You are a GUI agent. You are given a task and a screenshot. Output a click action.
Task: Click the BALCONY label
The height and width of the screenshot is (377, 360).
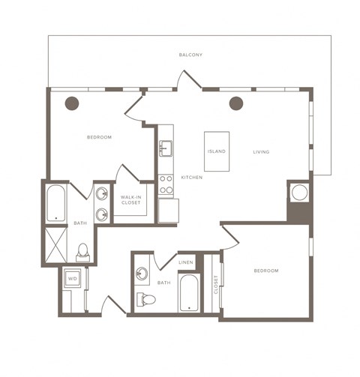click(x=190, y=55)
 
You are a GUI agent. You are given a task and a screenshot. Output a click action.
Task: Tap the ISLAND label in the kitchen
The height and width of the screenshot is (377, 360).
click(x=217, y=151)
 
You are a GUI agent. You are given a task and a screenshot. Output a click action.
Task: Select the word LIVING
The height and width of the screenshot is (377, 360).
click(x=261, y=152)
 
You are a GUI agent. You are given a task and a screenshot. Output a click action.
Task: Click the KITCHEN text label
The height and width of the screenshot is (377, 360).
click(x=192, y=178)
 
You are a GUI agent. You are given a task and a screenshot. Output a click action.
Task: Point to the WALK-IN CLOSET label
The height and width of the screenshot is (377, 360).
click(x=131, y=200)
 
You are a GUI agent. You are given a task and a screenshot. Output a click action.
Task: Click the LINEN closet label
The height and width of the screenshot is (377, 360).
click(x=186, y=262)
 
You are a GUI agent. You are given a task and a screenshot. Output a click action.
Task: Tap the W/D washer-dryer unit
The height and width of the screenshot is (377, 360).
click(x=73, y=278)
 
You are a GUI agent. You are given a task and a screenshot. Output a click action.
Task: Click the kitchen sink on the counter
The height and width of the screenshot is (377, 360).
click(x=166, y=148)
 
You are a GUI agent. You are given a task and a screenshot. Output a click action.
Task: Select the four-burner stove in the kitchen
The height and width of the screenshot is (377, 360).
click(x=166, y=184)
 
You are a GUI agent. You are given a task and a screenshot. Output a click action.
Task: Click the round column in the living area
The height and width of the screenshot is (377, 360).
click(x=236, y=103)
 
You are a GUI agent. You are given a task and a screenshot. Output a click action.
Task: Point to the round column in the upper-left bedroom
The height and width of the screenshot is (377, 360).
click(x=72, y=103)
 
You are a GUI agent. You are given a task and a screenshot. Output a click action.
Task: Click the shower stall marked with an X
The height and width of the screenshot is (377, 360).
click(x=56, y=244)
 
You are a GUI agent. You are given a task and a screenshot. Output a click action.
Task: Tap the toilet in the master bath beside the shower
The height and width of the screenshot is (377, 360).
click(x=83, y=253)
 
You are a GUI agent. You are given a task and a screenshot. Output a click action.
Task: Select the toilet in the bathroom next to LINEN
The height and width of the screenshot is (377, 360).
click(x=146, y=299)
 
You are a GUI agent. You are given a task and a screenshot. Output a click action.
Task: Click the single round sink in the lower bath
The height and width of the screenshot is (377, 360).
click(x=142, y=274)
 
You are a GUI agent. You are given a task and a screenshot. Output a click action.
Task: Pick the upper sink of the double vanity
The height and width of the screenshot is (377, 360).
click(x=102, y=193)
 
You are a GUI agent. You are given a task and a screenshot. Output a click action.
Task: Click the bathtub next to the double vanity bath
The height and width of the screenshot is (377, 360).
click(x=56, y=203)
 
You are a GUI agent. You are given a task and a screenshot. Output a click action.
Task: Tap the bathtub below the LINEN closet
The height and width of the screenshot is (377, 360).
click(x=189, y=293)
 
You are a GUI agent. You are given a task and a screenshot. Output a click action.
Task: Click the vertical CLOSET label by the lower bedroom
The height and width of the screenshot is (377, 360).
click(x=216, y=285)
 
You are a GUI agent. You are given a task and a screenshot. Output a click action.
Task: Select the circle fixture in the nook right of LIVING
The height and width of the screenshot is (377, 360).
click(x=299, y=193)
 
